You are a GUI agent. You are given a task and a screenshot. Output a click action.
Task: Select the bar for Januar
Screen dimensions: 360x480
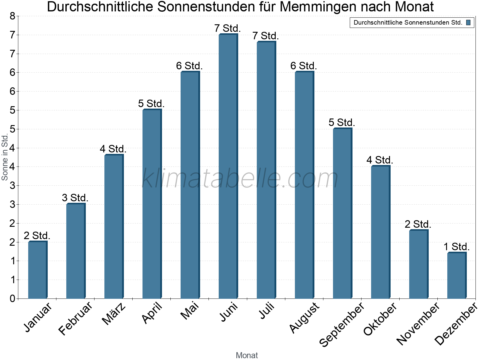[x=37, y=270]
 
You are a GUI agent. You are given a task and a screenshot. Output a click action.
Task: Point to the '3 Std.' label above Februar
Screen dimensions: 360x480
[x=75, y=198]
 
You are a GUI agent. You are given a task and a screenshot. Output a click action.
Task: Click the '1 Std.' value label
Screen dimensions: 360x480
[x=457, y=247]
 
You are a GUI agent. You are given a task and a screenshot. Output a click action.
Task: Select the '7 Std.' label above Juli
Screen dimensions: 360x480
[x=266, y=36]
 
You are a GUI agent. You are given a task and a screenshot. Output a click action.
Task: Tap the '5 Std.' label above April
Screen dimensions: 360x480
[x=151, y=104]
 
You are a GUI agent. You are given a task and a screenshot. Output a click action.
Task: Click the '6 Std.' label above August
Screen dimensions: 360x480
[x=304, y=66]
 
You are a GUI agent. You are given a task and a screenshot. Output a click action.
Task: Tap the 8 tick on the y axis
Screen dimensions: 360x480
[x=12, y=16]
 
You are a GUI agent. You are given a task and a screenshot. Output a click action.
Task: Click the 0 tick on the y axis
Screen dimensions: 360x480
[x=12, y=298]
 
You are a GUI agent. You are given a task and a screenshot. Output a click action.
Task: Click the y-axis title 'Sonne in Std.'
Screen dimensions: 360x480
[x=5, y=157]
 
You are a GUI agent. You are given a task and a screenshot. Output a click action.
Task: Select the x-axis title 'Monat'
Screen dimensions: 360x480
[x=247, y=355]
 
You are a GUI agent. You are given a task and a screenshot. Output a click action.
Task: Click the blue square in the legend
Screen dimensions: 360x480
[x=468, y=22]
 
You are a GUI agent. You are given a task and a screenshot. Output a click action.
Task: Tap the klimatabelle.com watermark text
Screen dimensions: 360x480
[x=240, y=178]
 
